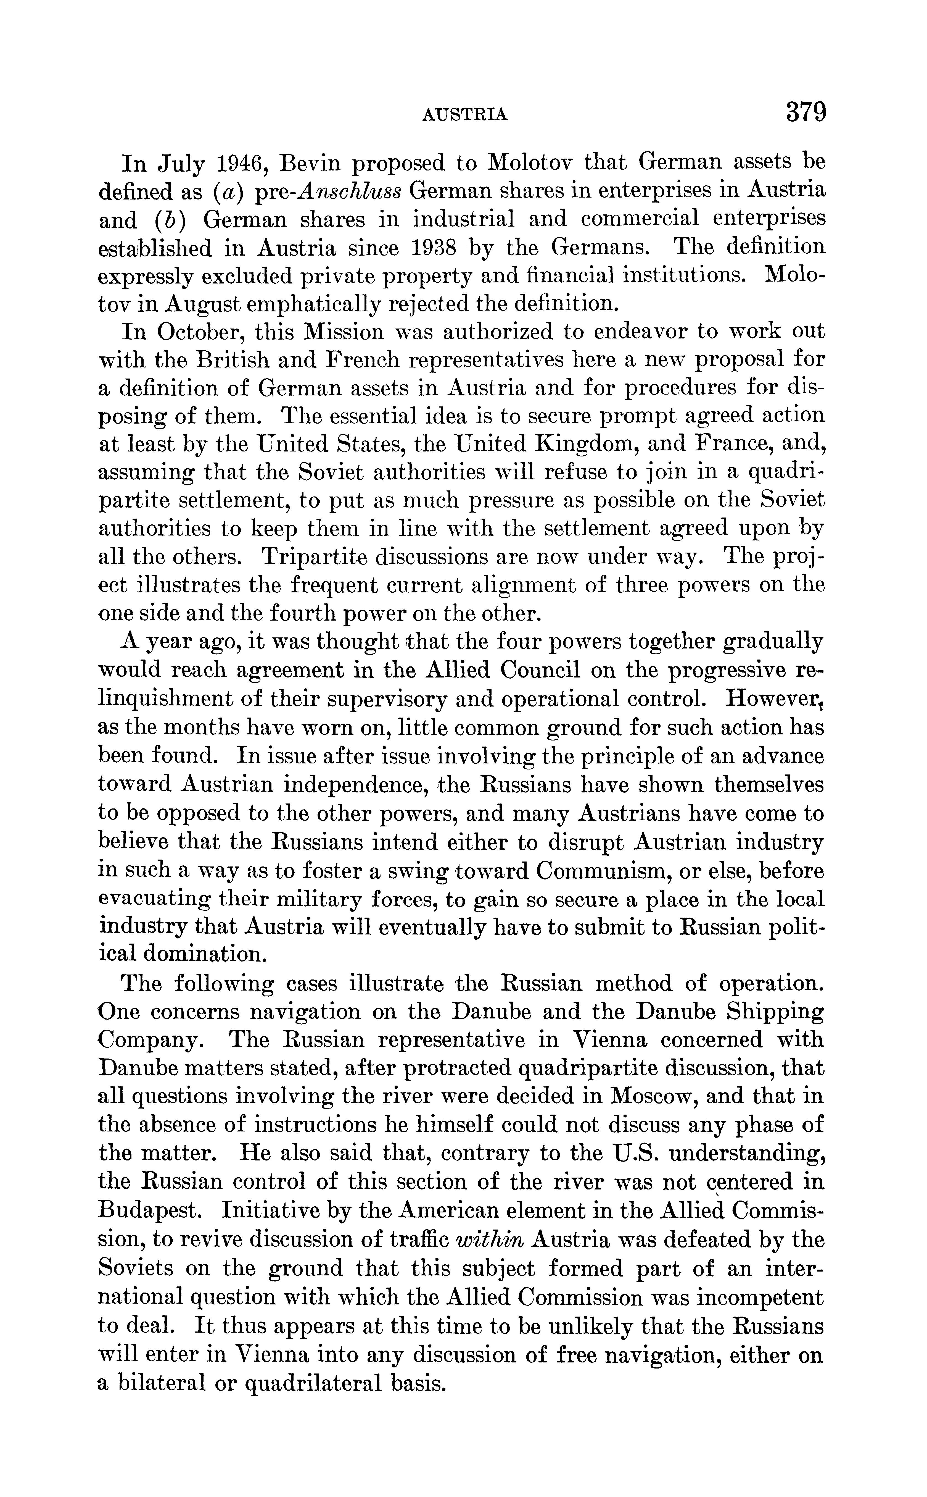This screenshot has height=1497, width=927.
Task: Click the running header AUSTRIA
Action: (x=465, y=114)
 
